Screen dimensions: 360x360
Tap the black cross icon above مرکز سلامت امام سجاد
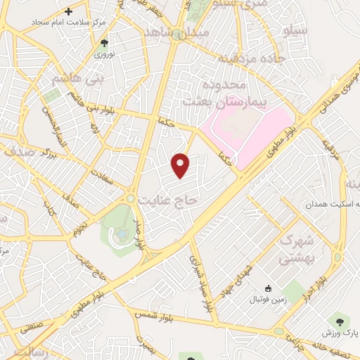(68, 11)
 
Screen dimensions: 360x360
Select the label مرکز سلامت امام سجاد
(68, 23)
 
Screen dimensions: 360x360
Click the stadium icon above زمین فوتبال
(268, 288)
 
